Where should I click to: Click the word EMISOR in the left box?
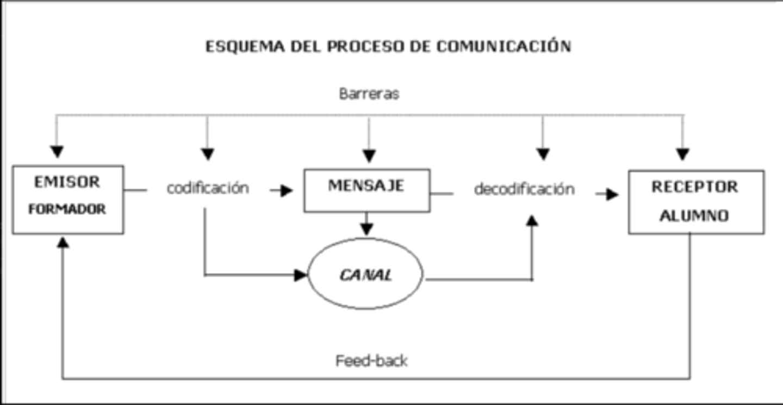pyautogui.click(x=67, y=182)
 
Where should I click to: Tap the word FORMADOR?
pyautogui.click(x=67, y=209)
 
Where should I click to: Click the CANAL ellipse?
pyautogui.click(x=365, y=275)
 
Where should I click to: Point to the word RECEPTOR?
pyautogui.click(x=694, y=187)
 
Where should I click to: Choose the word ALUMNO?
pyautogui.click(x=694, y=216)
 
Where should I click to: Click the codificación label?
pyautogui.click(x=208, y=189)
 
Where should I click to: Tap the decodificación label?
pyautogui.click(x=524, y=189)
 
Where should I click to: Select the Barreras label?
pyautogui.click(x=369, y=94)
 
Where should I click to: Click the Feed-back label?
pyautogui.click(x=371, y=360)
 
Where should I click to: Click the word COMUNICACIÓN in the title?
pyautogui.click(x=504, y=47)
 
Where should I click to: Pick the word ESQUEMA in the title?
pyautogui.click(x=245, y=47)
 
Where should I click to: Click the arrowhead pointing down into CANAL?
pyautogui.click(x=367, y=229)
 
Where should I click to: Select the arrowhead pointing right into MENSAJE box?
pyautogui.click(x=287, y=190)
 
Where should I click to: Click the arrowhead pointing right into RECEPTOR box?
pyautogui.click(x=612, y=194)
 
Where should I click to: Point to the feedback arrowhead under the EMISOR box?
pyautogui.click(x=63, y=242)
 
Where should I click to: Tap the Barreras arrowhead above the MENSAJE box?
pyautogui.click(x=369, y=157)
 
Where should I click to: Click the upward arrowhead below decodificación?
pyautogui.click(x=532, y=220)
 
